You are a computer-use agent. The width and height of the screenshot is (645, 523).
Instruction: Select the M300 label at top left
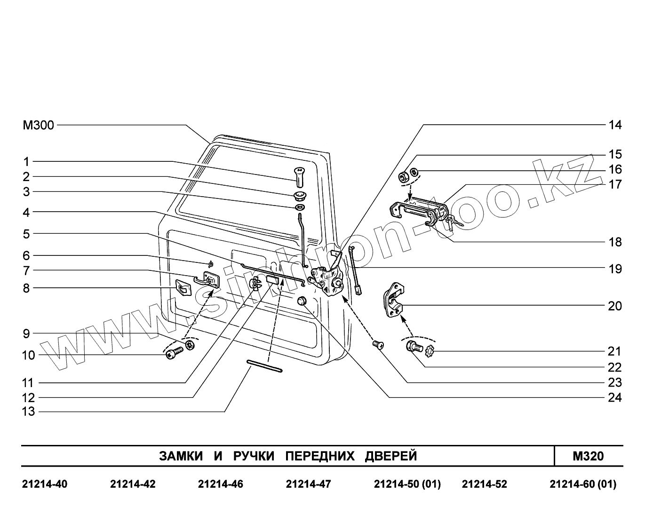(38, 126)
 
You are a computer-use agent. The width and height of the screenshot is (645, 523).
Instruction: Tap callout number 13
(29, 412)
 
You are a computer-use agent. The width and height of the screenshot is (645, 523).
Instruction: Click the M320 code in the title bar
(588, 456)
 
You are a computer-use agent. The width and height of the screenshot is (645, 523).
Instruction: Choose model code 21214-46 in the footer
(221, 484)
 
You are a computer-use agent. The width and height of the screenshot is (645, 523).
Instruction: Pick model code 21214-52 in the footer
(484, 484)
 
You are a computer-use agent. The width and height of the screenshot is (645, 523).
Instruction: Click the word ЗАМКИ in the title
(181, 456)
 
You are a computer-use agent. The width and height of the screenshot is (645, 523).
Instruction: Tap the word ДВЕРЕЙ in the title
(391, 456)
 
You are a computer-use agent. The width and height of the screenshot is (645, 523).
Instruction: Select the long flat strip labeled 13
(264, 366)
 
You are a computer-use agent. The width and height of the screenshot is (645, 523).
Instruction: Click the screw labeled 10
(174, 352)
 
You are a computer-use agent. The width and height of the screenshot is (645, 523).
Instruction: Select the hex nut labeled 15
(403, 177)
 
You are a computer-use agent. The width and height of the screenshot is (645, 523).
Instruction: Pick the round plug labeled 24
(302, 301)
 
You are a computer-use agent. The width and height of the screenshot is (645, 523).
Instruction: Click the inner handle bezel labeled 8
(183, 287)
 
